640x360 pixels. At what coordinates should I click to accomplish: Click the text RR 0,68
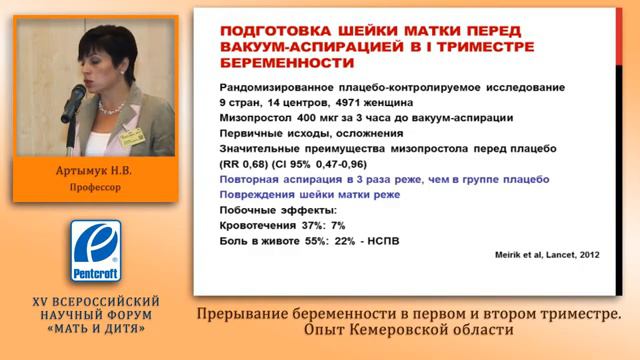click(x=244, y=163)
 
